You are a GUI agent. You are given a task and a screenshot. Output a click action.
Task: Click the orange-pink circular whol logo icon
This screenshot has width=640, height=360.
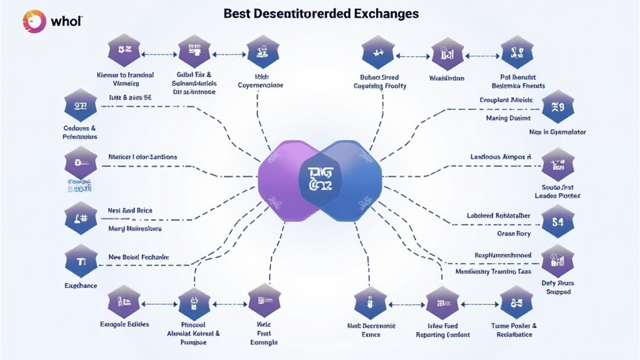coord(35,21)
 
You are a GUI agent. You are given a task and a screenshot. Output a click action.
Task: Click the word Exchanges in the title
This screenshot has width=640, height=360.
coord(387,12)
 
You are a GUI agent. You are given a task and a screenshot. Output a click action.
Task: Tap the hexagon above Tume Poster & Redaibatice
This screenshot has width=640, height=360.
coord(516,302)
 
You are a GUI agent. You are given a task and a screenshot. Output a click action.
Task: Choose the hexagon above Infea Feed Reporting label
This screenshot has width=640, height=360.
coord(442,302)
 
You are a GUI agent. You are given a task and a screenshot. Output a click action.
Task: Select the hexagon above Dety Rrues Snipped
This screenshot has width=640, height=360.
coord(557,260)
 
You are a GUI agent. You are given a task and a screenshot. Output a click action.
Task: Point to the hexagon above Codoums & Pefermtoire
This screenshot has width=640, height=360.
coord(81,106)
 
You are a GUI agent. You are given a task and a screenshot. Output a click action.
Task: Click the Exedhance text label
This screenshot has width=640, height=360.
coord(81,285)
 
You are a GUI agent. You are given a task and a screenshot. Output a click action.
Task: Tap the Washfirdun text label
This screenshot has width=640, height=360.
coord(447,78)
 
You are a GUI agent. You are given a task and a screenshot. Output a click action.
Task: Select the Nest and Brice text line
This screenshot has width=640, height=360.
coord(130,211)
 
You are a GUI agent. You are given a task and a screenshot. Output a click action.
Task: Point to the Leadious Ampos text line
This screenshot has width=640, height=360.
coord(500,157)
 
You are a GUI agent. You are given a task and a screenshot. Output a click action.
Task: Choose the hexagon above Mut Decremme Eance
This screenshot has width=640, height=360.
coord(369,302)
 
